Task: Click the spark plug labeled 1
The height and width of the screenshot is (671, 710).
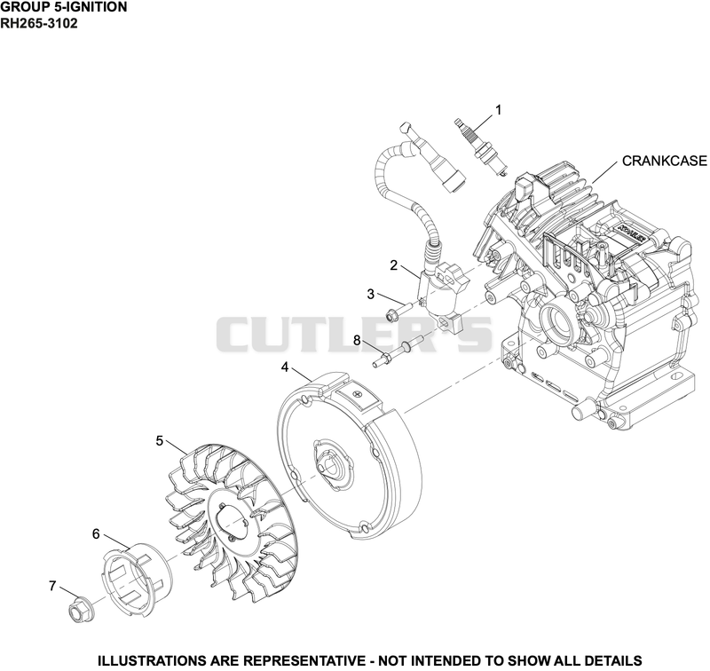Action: [481, 146]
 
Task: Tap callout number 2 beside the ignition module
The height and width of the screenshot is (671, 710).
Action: [393, 265]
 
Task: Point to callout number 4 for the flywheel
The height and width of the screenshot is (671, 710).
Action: [285, 367]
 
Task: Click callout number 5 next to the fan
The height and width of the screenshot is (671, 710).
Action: [160, 440]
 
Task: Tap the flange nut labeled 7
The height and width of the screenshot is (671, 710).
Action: [81, 609]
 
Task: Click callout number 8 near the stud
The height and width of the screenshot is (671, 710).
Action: [357, 340]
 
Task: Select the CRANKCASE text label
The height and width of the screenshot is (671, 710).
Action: [664, 161]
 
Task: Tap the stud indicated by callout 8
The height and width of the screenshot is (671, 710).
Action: [398, 350]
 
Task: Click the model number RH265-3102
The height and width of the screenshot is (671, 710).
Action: [39, 23]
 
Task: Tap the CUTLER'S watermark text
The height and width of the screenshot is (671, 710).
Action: [354, 334]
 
